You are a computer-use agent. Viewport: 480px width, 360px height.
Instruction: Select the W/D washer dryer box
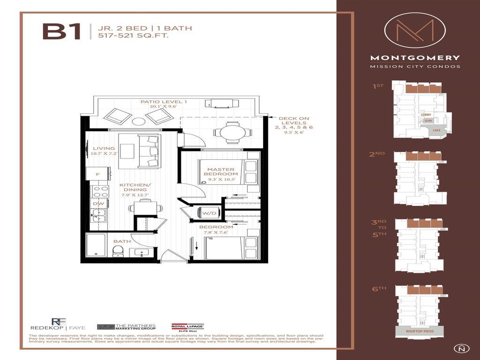(206, 213)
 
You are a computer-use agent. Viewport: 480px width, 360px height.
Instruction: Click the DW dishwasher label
(98, 203)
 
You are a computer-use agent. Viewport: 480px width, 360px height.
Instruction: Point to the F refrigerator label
(97, 174)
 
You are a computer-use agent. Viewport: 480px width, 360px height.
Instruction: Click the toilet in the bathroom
(118, 251)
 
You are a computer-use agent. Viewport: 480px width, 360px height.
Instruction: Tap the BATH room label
(122, 241)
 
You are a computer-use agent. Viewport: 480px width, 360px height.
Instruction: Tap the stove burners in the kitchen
(100, 191)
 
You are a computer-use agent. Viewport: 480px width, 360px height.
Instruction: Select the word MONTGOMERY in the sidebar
(415, 58)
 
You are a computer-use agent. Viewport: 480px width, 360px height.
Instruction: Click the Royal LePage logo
(187, 327)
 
